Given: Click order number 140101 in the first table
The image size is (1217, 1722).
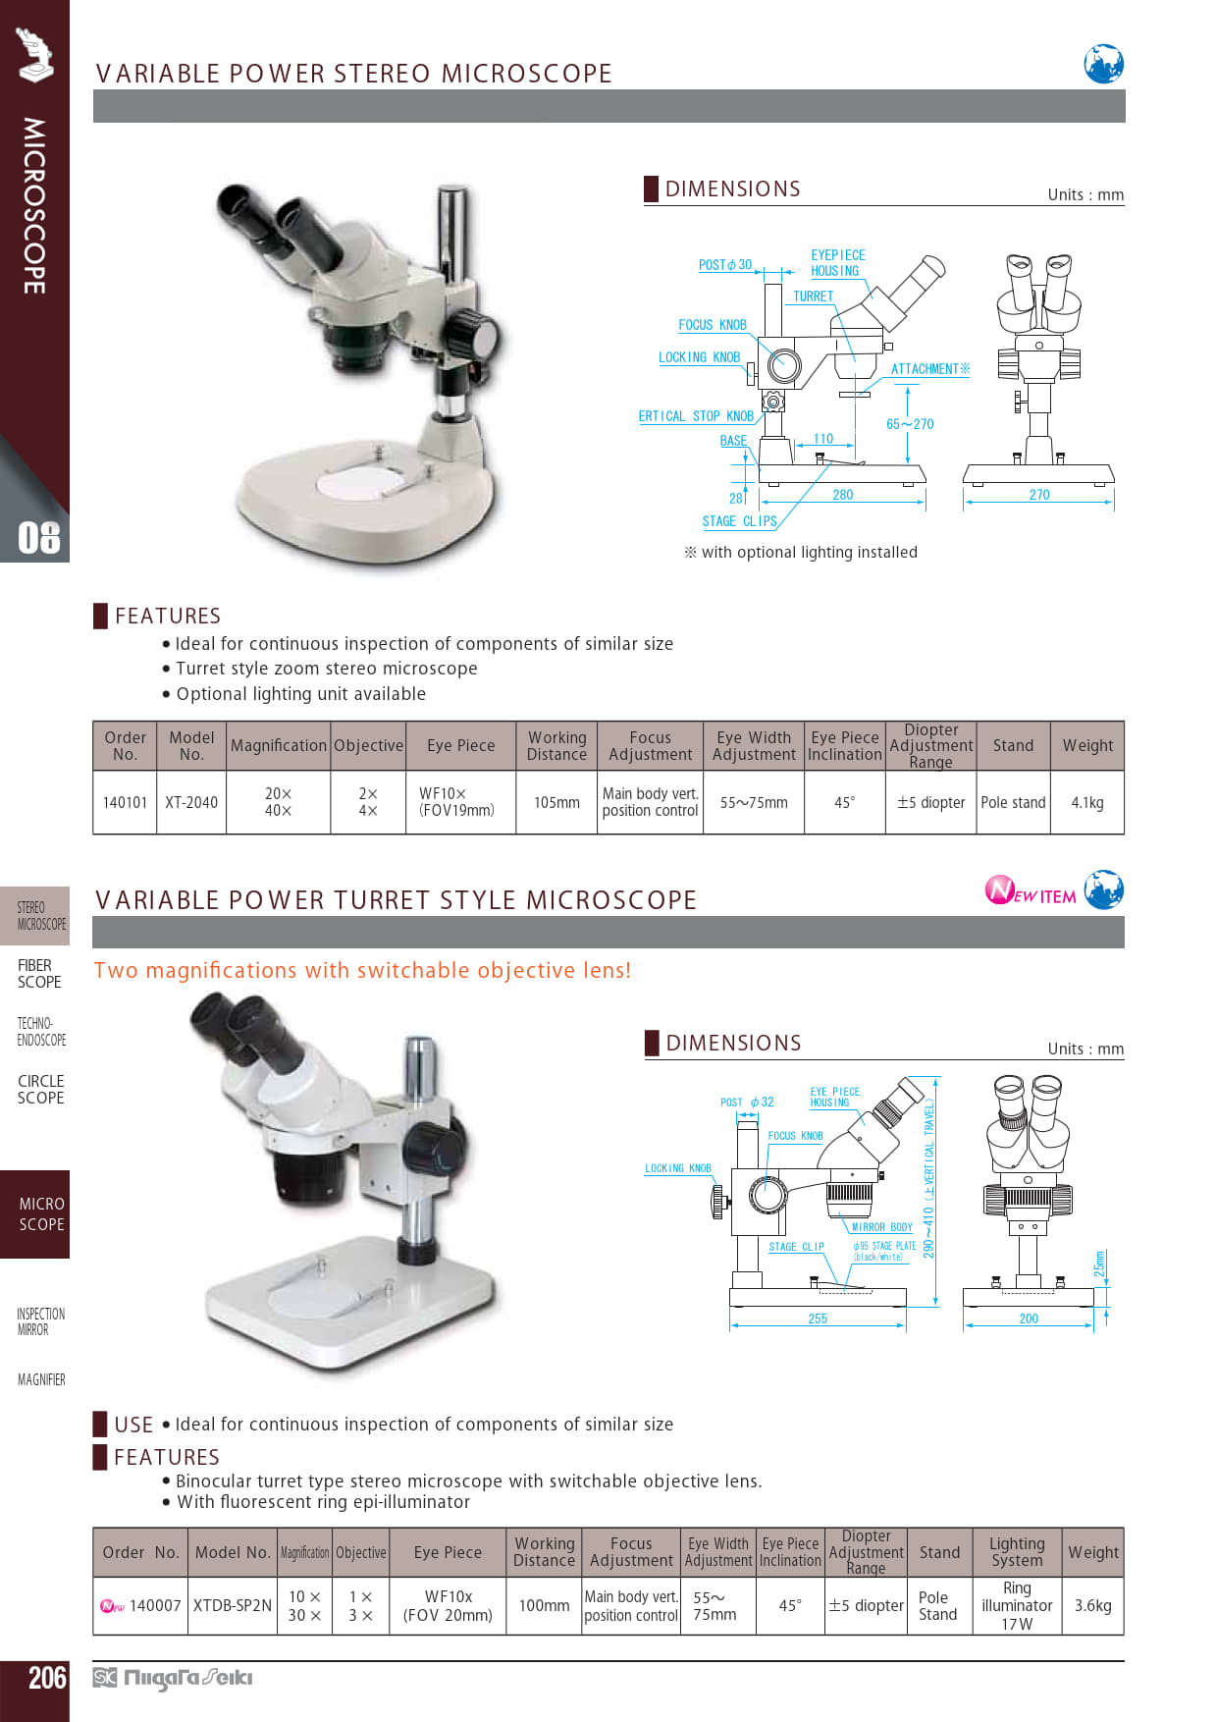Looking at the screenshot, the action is tap(125, 802).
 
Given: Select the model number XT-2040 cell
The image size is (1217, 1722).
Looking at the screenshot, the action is tap(191, 802).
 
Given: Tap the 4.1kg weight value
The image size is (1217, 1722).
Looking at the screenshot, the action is tap(1087, 802).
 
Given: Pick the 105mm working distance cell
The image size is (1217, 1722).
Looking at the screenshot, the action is tap(556, 802).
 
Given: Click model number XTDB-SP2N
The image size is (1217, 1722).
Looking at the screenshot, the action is tap(233, 1605).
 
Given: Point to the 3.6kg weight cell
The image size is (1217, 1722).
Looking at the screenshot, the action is tap(1092, 1605).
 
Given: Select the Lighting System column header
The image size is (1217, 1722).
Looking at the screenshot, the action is tap(1017, 1552).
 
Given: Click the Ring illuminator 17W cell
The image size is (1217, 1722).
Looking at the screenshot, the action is tap(1017, 1605).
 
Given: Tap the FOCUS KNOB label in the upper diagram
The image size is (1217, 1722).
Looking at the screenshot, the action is tap(713, 325).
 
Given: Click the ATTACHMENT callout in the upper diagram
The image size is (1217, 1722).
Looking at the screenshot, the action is tap(929, 369).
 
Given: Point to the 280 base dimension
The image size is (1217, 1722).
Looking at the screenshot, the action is tap(843, 495).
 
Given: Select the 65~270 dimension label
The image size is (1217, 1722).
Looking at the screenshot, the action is tap(910, 424).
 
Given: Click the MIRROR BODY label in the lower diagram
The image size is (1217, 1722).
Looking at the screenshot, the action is tap(882, 1227).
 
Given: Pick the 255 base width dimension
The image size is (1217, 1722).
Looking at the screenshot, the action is tap(818, 1318).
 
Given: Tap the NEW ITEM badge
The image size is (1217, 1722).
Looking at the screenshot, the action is tap(1031, 890).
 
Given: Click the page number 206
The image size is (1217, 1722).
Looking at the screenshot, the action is tap(47, 1678).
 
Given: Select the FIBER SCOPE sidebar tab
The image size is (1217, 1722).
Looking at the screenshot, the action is tap(39, 974).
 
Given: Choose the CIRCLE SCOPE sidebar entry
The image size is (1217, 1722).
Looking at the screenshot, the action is tap(40, 1090).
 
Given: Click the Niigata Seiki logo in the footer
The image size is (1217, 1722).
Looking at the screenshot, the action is tap(173, 1678).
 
